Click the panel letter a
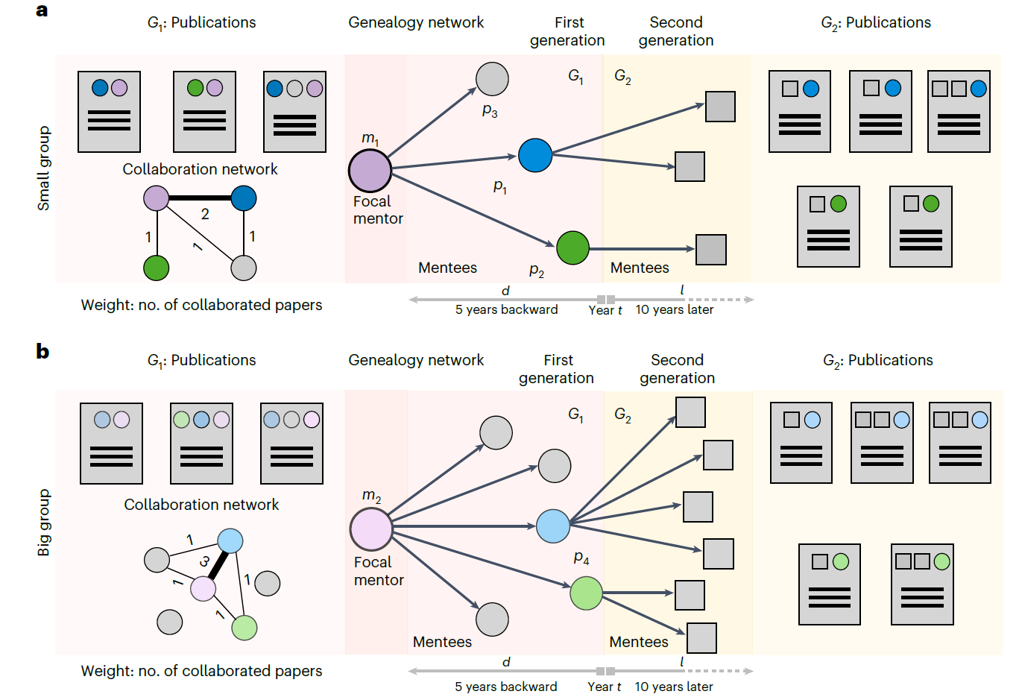42,10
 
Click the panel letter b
42,350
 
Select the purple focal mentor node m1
370,171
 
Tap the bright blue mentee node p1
535,155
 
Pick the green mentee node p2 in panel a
572,248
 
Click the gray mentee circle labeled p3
492,79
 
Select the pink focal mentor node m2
371,529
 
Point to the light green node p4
586,593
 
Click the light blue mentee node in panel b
553,526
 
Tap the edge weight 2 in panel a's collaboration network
205,214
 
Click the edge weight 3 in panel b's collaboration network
204,561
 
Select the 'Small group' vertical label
44,168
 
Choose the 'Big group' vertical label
44,523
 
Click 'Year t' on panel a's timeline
605,310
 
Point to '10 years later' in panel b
673,687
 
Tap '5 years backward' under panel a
506,309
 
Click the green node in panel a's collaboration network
156,268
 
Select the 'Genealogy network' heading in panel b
416,360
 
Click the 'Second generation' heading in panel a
676,31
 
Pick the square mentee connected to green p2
710,250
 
